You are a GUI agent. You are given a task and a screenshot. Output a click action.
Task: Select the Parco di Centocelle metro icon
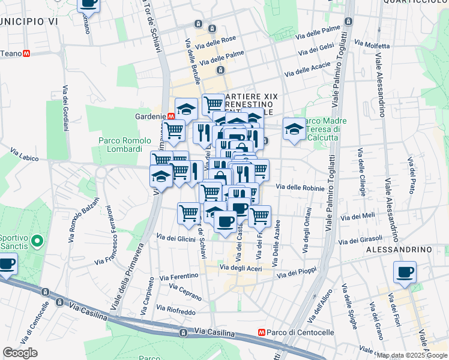coord(261,332)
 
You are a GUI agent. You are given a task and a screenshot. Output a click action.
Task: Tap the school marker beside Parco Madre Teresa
coord(294,128)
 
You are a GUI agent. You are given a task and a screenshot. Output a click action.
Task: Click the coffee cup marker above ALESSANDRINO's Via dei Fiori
coord(405,272)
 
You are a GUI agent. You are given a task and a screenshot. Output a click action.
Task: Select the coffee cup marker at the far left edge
coord(7,263)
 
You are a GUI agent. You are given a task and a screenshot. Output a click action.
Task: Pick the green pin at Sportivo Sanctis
coord(37,242)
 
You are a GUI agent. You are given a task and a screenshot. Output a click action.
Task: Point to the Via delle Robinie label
coord(300,188)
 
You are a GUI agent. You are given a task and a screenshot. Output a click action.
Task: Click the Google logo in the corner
coord(20,352)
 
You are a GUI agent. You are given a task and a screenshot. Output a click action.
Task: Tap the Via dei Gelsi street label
coord(318,47)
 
